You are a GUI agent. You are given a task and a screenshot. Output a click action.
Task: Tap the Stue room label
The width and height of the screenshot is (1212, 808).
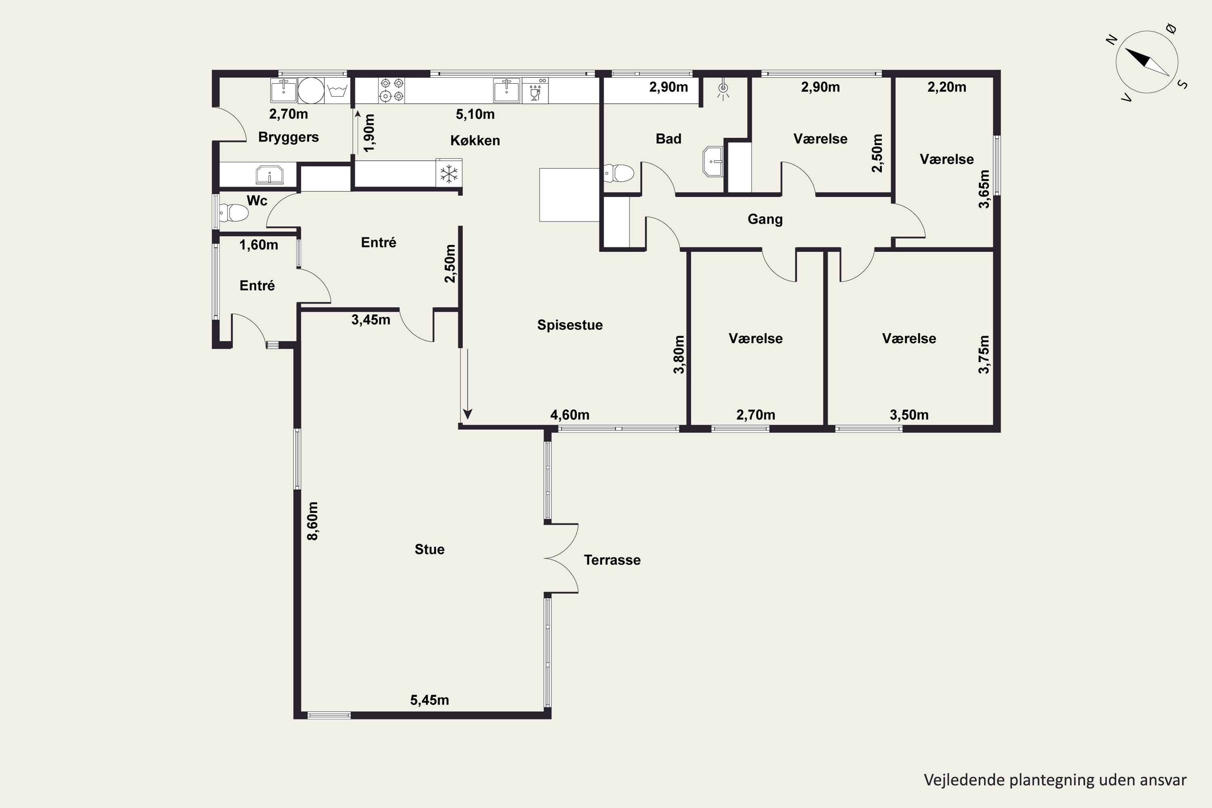point(429,549)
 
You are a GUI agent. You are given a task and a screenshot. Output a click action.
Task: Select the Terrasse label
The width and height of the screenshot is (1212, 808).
point(612,560)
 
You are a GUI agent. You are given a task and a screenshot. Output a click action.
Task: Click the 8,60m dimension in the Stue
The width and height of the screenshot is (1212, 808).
point(312,521)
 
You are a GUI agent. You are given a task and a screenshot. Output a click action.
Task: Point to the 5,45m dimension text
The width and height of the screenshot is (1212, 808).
point(429,700)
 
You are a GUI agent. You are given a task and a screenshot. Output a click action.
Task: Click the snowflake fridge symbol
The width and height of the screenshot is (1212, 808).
point(449,174)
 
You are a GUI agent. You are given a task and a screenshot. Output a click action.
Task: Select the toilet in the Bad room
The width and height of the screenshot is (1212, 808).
point(619,173)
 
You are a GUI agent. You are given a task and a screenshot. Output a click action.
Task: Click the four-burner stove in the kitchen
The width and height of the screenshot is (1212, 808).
point(391,90)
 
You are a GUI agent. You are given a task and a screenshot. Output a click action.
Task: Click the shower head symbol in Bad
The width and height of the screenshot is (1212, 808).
point(724,90)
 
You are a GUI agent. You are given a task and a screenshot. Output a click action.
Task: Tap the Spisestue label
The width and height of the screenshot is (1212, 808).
point(570,325)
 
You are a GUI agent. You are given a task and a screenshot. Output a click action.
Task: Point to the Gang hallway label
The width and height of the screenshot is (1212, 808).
point(765,219)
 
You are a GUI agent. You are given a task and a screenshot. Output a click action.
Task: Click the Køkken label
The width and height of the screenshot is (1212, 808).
point(475,140)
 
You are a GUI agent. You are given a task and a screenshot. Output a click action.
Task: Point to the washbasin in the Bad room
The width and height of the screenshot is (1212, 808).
point(713,161)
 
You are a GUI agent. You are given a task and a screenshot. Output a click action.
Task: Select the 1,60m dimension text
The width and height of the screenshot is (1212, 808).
point(259,245)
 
